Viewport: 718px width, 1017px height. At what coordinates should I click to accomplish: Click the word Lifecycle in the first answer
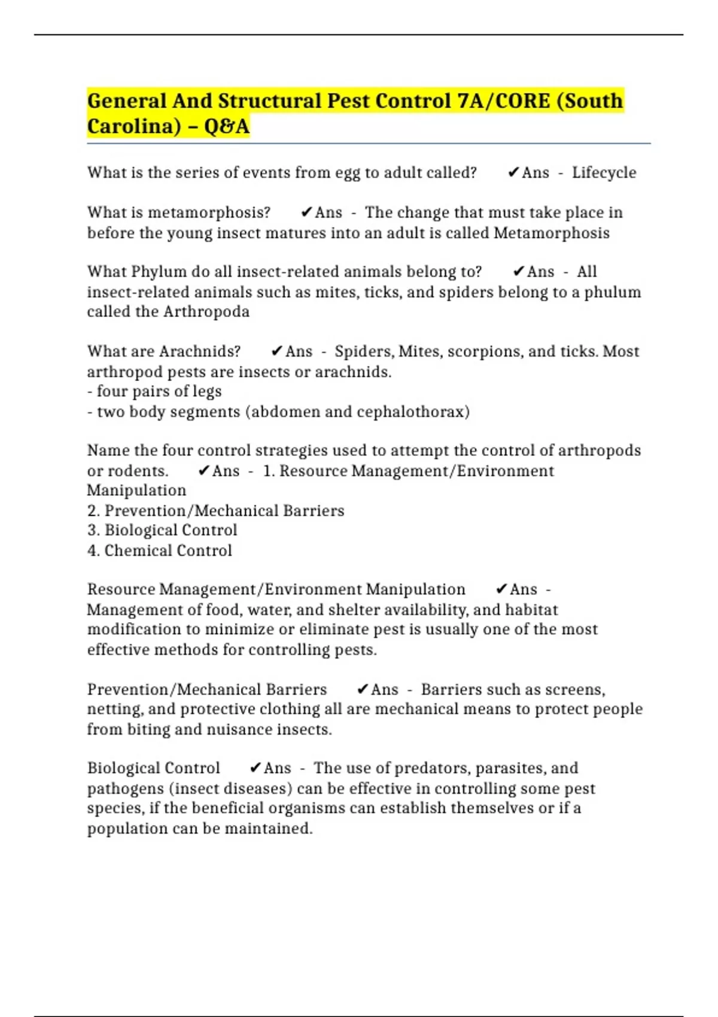click(x=604, y=173)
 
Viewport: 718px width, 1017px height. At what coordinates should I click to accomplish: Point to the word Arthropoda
click(x=206, y=312)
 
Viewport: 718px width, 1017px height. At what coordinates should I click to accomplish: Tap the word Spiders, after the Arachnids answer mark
click(x=364, y=351)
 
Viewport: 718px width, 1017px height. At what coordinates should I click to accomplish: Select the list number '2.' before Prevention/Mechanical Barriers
click(x=93, y=511)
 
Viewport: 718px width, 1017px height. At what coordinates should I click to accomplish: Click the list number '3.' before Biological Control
click(x=93, y=530)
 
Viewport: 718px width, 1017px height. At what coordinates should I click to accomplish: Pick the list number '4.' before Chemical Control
click(x=93, y=550)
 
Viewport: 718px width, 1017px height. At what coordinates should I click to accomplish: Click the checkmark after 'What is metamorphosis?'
click(x=306, y=212)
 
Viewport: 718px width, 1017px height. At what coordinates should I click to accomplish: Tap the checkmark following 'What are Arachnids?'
click(x=276, y=351)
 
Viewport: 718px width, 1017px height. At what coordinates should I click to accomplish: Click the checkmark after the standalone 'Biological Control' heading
click(x=255, y=768)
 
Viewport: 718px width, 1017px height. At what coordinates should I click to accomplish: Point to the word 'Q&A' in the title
click(x=226, y=126)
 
